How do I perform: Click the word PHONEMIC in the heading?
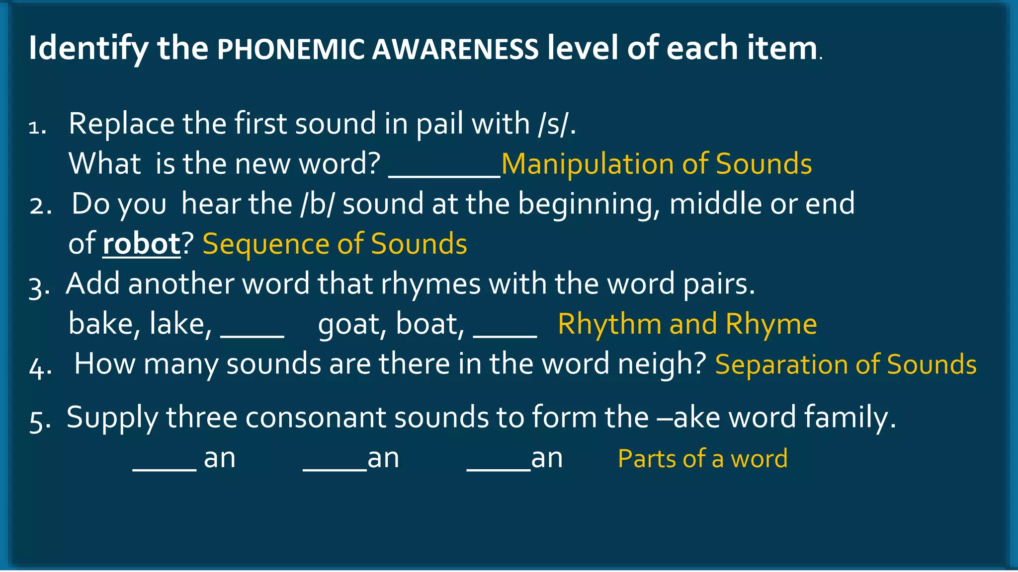[291, 50]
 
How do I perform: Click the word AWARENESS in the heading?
[455, 50]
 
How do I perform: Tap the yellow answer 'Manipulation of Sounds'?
[656, 164]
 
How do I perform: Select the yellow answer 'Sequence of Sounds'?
[335, 244]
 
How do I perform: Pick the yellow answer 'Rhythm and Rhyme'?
[687, 324]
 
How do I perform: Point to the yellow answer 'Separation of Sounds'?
[846, 364]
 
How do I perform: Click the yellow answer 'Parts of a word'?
[702, 458]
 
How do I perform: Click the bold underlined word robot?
[142, 244]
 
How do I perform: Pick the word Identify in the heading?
[88, 49]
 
